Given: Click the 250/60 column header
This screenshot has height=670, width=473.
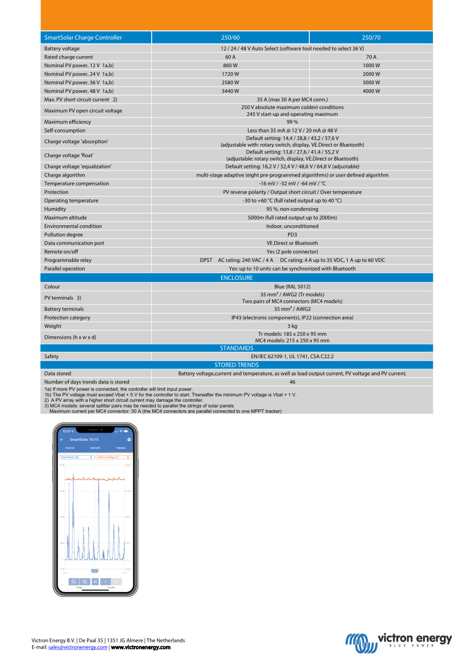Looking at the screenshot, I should [230, 38].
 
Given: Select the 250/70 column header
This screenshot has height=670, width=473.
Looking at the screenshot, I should [371, 38].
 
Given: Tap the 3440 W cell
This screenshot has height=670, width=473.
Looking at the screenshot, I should [230, 91].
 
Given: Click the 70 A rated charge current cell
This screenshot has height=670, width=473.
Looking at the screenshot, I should [371, 57].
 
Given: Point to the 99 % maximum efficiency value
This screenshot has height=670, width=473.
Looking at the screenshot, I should [292, 122].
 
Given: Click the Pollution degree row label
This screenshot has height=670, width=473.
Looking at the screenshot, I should [64, 234].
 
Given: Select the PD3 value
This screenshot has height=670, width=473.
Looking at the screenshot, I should [292, 234].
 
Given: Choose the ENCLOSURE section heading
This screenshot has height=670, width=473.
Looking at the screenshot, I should [236, 278].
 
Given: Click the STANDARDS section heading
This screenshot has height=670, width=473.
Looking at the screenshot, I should [236, 348].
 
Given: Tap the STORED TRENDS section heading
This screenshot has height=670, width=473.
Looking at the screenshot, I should [236, 365].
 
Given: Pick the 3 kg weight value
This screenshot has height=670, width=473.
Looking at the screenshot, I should [292, 326].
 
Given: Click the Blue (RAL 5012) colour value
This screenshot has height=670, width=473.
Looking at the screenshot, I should [292, 287].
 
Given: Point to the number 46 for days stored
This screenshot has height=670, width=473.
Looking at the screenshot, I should [292, 382].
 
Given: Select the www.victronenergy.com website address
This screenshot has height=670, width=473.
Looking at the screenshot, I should [140, 647].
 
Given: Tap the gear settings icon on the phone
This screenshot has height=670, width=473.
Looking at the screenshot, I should [129, 439].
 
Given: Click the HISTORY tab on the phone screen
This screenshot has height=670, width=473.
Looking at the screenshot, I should [95, 448].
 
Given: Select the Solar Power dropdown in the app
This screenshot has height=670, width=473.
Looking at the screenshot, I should [77, 457].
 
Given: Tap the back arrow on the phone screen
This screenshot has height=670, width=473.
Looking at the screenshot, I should [61, 439].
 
